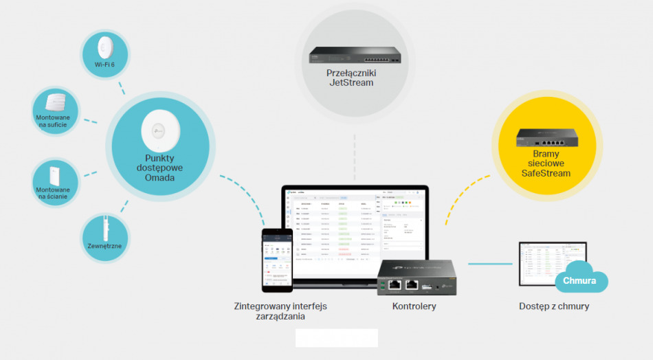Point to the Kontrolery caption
point(414,306)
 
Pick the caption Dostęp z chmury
point(553,306)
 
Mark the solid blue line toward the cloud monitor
point(489,263)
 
